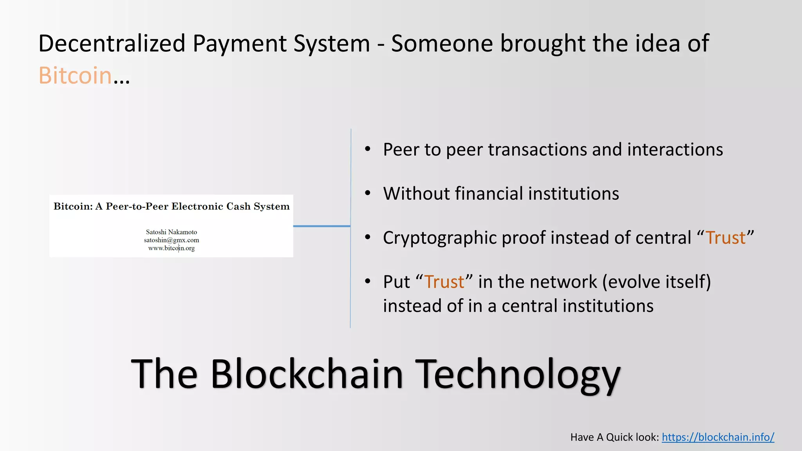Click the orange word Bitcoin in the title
[75, 75]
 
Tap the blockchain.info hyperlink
[718, 437]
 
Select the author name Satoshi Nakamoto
[172, 232]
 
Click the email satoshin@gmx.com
[172, 240]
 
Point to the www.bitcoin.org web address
[172, 248]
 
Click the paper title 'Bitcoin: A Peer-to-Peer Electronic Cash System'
[172, 206]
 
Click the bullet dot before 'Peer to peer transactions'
[367, 149]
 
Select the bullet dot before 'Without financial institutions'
[367, 193]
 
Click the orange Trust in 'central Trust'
[726, 238]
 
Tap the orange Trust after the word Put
[444, 282]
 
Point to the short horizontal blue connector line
[322, 226]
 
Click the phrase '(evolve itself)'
[656, 282]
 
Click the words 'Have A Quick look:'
[614, 437]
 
